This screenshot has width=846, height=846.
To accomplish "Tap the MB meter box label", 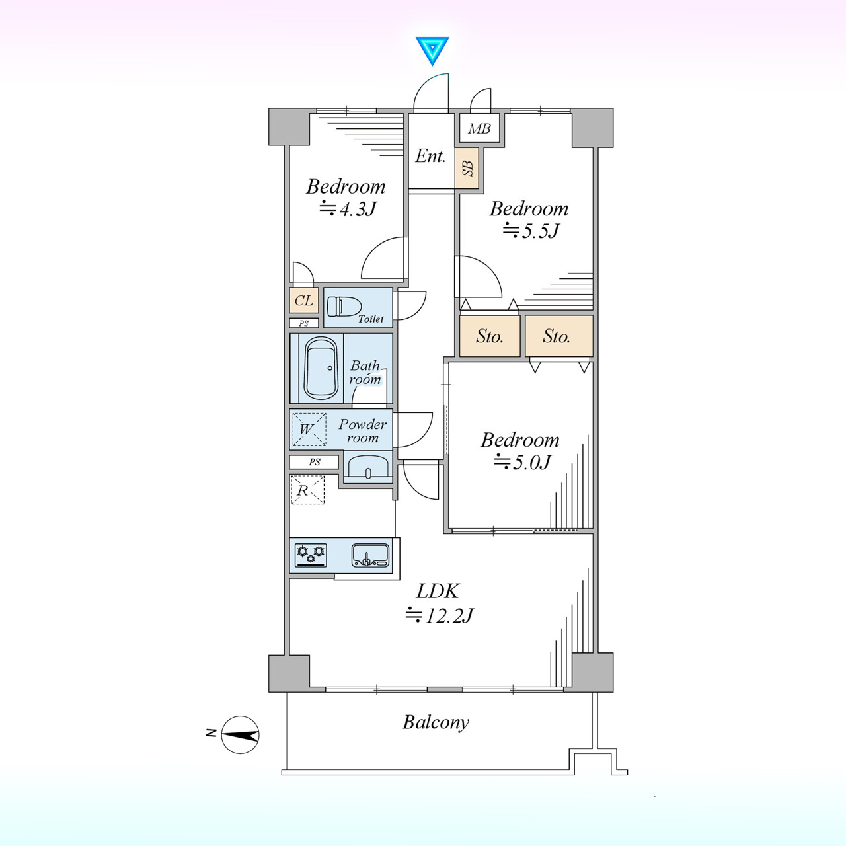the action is (x=479, y=129).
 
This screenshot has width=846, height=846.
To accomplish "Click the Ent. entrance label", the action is (x=430, y=156).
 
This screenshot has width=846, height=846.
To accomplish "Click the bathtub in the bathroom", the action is (x=321, y=368).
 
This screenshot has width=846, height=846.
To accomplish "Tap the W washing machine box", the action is (x=309, y=430).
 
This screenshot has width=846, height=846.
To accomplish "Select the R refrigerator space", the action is (x=308, y=490).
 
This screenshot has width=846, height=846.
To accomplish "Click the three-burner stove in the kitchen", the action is (x=311, y=555).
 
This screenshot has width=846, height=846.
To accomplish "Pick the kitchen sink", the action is (x=370, y=555).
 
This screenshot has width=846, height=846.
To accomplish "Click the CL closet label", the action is (x=303, y=301).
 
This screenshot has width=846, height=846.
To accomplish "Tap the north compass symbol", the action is (x=240, y=735).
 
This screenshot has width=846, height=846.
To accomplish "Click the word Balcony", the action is (x=436, y=723).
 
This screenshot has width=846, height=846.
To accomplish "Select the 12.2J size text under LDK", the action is (x=440, y=615).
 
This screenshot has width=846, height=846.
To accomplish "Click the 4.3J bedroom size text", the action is (x=348, y=209).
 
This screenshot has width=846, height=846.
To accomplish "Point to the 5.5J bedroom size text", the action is (x=531, y=231).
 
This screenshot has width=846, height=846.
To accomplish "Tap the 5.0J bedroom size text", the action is (x=522, y=462).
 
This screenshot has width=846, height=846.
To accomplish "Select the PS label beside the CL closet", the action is (x=304, y=324).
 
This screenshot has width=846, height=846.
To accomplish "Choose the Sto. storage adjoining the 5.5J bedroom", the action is (x=490, y=336).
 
